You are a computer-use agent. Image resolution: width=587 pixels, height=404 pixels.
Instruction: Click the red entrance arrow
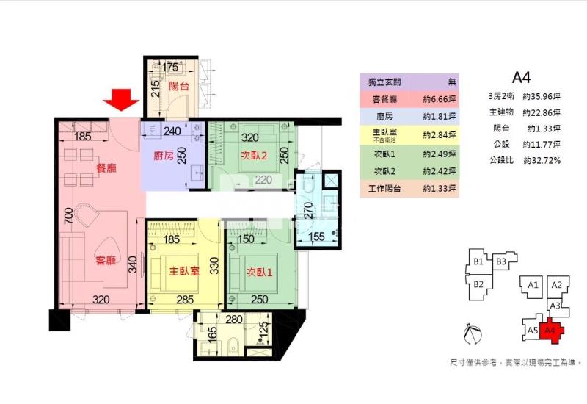(119, 101)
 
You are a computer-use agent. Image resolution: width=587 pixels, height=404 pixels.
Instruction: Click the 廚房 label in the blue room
(163, 156)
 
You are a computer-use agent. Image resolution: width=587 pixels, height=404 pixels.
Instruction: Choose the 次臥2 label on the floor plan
(253, 156)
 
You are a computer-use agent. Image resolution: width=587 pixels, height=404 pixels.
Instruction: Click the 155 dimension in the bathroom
(316, 237)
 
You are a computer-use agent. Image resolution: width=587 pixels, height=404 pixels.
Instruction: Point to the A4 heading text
(521, 76)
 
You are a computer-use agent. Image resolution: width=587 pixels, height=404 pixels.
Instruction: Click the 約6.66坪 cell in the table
(440, 98)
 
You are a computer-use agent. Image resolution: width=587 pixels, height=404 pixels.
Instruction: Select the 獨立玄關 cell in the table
(384, 82)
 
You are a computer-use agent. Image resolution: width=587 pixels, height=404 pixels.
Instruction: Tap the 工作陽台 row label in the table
(384, 190)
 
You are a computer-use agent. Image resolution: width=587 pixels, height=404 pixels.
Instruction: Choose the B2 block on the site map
(478, 284)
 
